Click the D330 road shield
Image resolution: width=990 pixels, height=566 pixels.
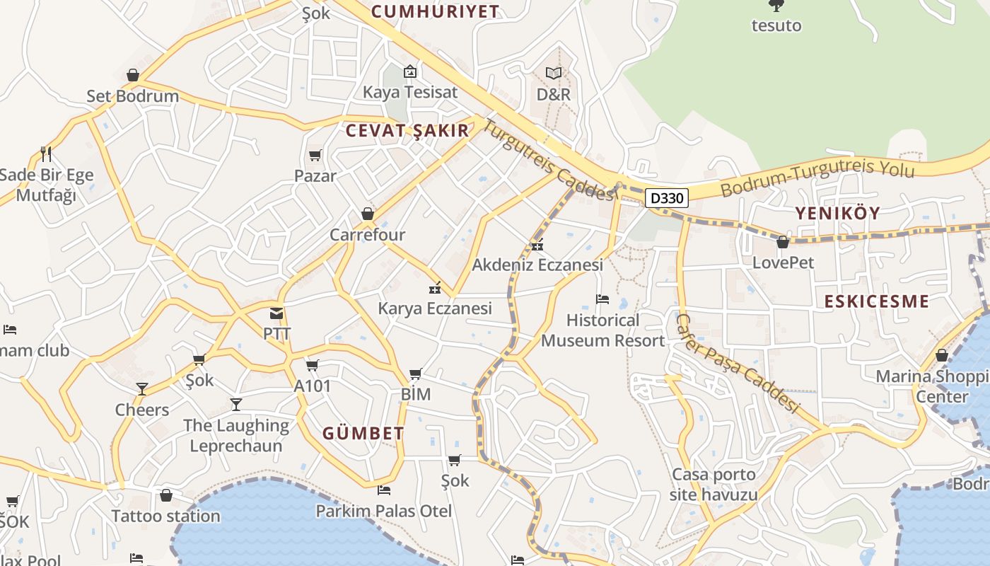pyautogui.click(x=666, y=198)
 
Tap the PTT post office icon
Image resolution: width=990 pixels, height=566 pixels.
pyautogui.click(x=276, y=313)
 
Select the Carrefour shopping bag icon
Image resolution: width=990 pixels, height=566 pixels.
pyautogui.click(x=367, y=214)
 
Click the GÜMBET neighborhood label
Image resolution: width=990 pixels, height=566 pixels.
pyautogui.click(x=363, y=433)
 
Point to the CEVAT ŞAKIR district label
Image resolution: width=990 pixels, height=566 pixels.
pyautogui.click(x=407, y=131)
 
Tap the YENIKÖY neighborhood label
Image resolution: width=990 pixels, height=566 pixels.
pyautogui.click(x=838, y=213)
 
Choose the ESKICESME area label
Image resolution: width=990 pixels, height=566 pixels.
pyautogui.click(x=877, y=301)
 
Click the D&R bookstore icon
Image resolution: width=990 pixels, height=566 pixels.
pyautogui.click(x=554, y=73)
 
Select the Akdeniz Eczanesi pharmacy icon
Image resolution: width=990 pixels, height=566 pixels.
pyautogui.click(x=537, y=246)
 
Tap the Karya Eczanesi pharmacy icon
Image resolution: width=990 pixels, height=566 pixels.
pyautogui.click(x=435, y=288)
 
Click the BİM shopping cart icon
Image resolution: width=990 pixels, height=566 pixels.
pyautogui.click(x=416, y=374)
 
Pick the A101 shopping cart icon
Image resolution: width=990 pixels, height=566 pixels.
pyautogui.click(x=312, y=366)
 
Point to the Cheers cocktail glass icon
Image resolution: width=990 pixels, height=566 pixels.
pyautogui.click(x=142, y=388)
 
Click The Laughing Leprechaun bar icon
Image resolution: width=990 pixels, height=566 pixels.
pyautogui.click(x=236, y=405)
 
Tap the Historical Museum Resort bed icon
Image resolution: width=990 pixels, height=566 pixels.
pyautogui.click(x=602, y=299)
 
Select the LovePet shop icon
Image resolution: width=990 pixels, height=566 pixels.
pyautogui.click(x=783, y=243)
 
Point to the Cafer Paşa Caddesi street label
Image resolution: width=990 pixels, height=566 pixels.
pyautogui.click(x=737, y=364)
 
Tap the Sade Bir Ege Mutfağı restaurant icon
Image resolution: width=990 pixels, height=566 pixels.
pyautogui.click(x=46, y=154)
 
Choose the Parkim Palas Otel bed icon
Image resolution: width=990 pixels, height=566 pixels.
pyautogui.click(x=384, y=490)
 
